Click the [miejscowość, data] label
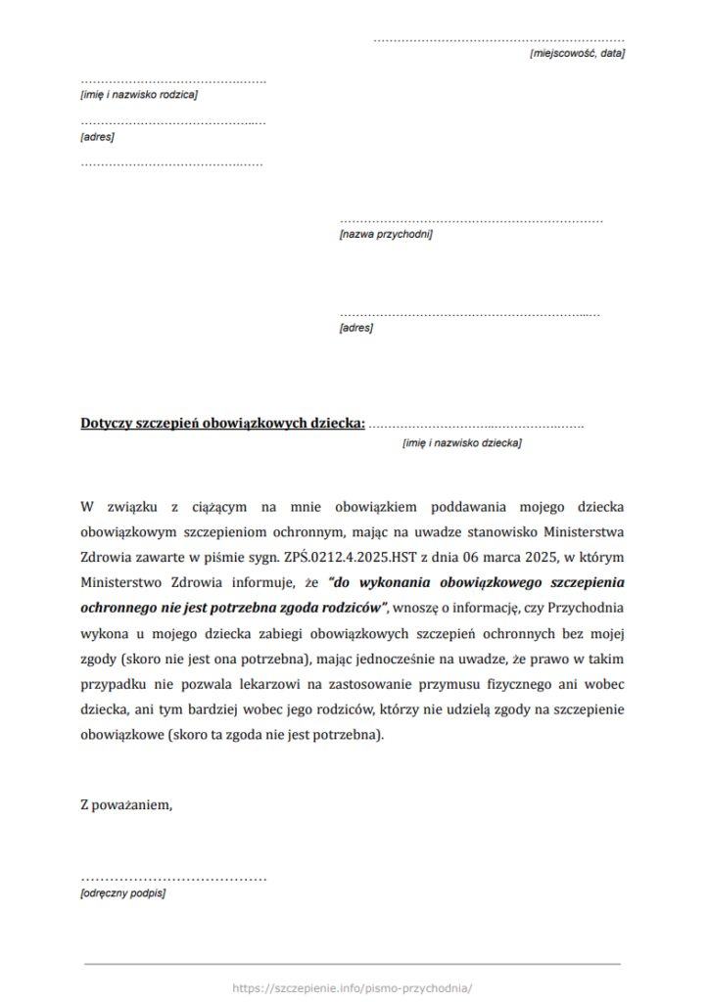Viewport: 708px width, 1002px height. tap(576, 53)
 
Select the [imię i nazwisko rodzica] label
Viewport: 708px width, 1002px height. tap(139, 95)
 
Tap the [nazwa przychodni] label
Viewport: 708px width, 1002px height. tap(385, 235)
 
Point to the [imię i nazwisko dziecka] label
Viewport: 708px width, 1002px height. tap(461, 443)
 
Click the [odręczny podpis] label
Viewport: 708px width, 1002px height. tap(122, 893)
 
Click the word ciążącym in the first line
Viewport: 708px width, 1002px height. tap(212, 507)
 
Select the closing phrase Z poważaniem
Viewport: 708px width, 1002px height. tap(126, 805)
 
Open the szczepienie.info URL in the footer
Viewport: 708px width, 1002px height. tap(353, 988)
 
